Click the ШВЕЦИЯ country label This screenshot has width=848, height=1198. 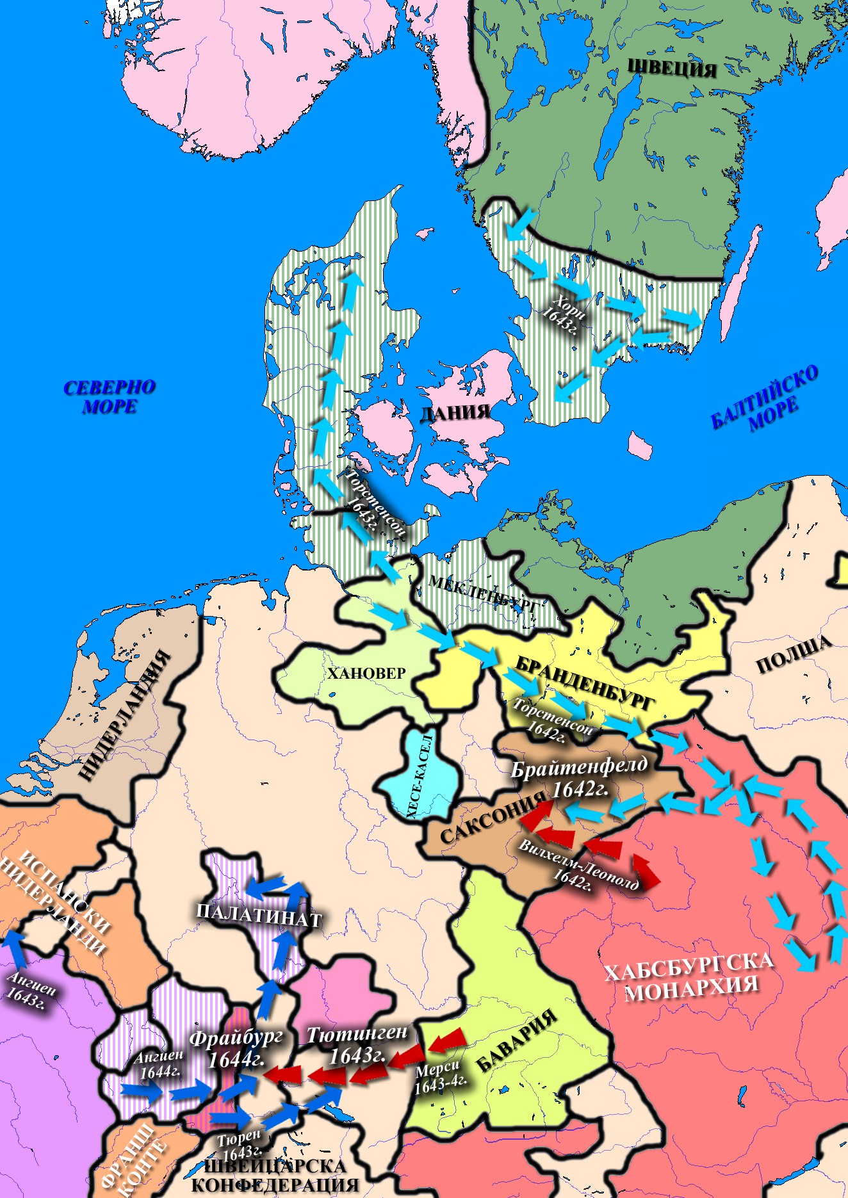click(671, 67)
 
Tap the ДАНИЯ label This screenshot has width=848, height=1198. click(455, 412)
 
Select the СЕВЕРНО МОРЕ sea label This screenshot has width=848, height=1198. click(110, 397)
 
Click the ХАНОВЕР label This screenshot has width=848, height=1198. click(366, 673)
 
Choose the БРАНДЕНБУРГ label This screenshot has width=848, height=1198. click(585, 683)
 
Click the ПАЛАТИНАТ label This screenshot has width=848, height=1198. click(258, 916)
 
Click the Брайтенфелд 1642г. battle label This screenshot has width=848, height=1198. click(579, 777)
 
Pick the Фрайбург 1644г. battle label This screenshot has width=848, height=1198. click(236, 1049)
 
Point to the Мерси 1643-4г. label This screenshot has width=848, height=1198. click(440, 1078)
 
